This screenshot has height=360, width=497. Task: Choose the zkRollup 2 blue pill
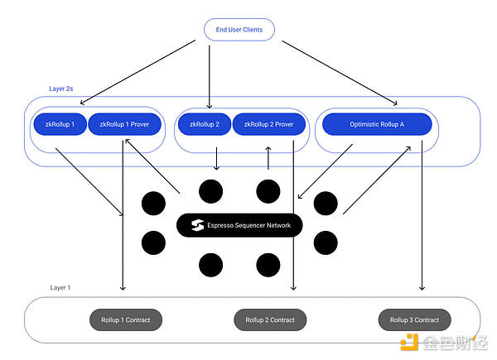click(x=203, y=124)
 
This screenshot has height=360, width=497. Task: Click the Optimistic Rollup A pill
click(x=376, y=124)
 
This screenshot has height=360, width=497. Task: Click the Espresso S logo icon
click(x=197, y=224)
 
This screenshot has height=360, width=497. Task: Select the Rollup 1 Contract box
click(x=125, y=319)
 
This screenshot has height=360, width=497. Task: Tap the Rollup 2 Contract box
click(x=270, y=319)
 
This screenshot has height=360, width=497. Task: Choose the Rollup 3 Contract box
click(x=414, y=319)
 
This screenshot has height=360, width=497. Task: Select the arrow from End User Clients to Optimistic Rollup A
click(x=339, y=74)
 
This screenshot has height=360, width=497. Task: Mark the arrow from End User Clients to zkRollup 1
click(x=136, y=75)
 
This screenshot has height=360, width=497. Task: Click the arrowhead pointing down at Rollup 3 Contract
click(x=422, y=288)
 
